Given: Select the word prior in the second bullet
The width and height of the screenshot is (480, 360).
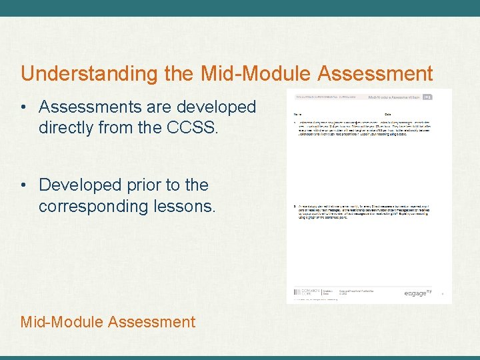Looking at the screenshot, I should click(x=139, y=185).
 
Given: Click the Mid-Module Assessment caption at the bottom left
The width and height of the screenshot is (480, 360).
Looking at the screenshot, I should click(x=108, y=322).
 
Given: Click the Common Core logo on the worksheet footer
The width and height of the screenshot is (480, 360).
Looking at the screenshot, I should click(x=307, y=293).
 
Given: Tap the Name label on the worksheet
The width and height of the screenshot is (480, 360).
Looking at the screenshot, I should click(x=298, y=115).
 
